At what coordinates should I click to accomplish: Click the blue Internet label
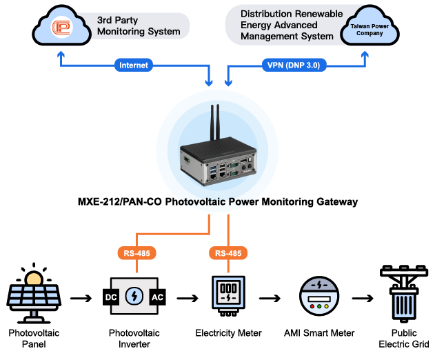pyautogui.click(x=134, y=66)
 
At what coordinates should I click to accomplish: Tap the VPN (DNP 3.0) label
pyautogui.click(x=293, y=66)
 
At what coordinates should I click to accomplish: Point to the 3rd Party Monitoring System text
pyautogui.click(x=139, y=26)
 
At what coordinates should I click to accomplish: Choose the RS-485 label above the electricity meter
pyautogui.click(x=227, y=253)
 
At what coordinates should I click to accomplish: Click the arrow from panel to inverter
pyautogui.click(x=81, y=299)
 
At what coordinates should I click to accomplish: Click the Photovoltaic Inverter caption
pyautogui.click(x=134, y=338)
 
